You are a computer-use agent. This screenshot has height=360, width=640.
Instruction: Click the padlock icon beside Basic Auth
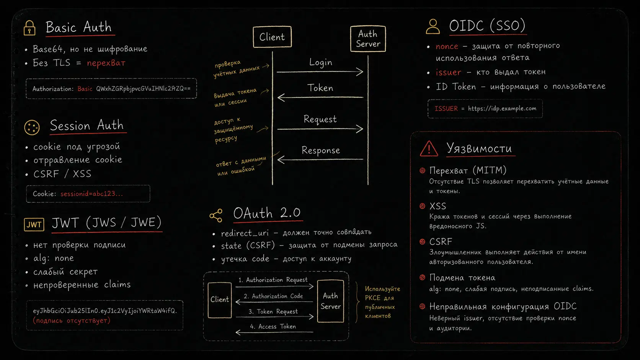coord(29,28)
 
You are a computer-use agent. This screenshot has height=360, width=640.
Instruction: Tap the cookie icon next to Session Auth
coord(32,127)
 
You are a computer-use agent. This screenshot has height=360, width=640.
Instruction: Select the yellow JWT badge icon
coord(34,225)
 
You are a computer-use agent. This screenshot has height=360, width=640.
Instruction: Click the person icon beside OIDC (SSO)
coord(433,26)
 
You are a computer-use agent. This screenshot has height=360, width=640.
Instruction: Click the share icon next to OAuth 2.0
coord(216,215)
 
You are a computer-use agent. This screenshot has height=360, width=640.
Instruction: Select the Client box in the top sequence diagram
coord(272,37)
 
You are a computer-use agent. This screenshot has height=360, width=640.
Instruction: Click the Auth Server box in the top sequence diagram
coord(368,39)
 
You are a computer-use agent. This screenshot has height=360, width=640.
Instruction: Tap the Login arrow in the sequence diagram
coord(320,72)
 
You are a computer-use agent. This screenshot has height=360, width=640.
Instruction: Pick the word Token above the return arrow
coord(320,88)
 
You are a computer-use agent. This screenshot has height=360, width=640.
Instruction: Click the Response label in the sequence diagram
coord(321,150)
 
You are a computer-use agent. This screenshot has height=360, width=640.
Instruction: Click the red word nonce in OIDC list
coord(447,46)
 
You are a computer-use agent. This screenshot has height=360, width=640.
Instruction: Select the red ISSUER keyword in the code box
coord(446,109)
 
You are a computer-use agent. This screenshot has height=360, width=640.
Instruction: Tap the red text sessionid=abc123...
coord(92,194)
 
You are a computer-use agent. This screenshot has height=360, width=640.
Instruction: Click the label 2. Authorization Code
coord(273,296)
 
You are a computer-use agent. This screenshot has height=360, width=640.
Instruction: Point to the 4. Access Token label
coord(273,327)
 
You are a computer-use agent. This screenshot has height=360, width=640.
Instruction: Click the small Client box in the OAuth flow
coord(220,300)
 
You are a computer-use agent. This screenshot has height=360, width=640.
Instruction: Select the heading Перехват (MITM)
coord(468,171)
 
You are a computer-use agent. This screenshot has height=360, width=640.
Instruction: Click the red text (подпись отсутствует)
coord(72,321)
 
